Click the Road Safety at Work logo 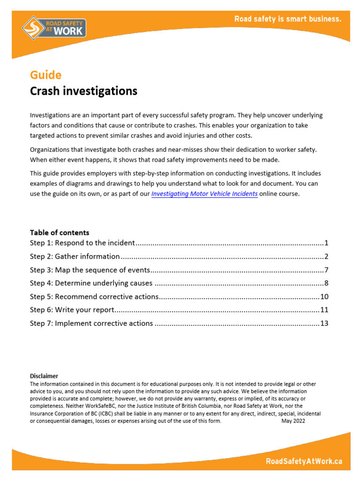[x=53, y=27]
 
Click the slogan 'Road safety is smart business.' [x=288, y=19]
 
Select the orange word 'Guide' [x=45, y=75]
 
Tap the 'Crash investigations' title [x=83, y=91]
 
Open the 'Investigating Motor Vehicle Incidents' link [x=204, y=194]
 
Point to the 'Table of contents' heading [x=60, y=232]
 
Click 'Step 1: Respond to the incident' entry [x=82, y=243]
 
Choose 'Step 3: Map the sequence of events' [x=90, y=270]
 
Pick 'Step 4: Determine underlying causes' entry [x=91, y=283]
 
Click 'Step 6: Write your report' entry [x=72, y=310]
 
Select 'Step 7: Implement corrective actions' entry [x=91, y=323]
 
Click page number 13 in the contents [x=324, y=323]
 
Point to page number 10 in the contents [x=324, y=297]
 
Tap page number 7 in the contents [x=326, y=270]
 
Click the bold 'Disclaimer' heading [x=44, y=376]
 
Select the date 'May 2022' [x=293, y=421]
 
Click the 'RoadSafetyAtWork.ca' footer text [x=304, y=461]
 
